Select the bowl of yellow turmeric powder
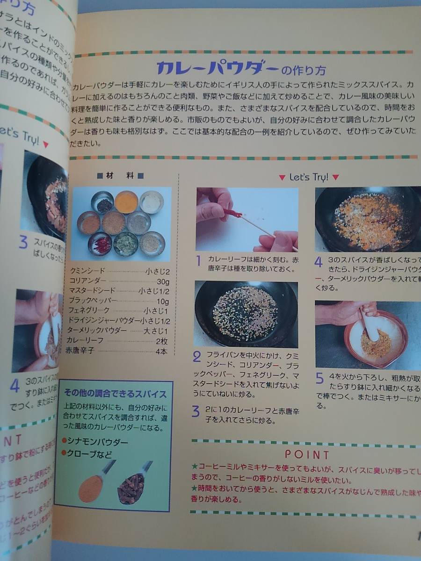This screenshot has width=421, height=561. (126, 201)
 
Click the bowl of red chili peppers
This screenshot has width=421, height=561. (101, 243)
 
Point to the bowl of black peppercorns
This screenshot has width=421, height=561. (102, 202)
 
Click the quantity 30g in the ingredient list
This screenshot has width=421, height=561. (162, 282)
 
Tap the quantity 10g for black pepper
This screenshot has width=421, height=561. (162, 301)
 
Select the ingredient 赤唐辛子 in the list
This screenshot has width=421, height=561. (80, 350)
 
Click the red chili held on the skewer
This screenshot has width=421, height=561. (232, 214)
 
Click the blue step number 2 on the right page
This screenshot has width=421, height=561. (197, 357)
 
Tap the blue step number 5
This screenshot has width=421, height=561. (319, 378)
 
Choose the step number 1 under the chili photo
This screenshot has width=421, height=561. (198, 260)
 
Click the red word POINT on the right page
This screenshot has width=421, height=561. (307, 454)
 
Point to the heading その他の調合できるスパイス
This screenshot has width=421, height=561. (115, 394)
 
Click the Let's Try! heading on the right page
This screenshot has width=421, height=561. (309, 177)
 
